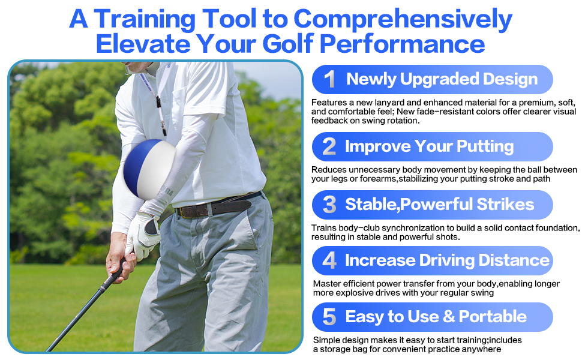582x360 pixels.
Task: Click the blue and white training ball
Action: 149,169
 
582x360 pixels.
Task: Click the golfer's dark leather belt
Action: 219,205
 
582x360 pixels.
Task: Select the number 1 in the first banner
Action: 329,79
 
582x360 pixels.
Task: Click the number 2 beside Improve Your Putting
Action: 329,146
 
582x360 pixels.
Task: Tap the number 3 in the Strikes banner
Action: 329,205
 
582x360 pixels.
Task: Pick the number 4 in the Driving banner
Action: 329,260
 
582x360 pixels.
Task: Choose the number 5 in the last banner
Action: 329,317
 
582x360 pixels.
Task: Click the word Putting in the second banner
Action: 485,147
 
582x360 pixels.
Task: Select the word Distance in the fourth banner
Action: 514,260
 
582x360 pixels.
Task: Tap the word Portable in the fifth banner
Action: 493,317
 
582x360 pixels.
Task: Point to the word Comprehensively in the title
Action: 403,20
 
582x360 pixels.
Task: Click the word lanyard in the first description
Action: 389,103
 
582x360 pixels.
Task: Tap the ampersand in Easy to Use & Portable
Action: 449,317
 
